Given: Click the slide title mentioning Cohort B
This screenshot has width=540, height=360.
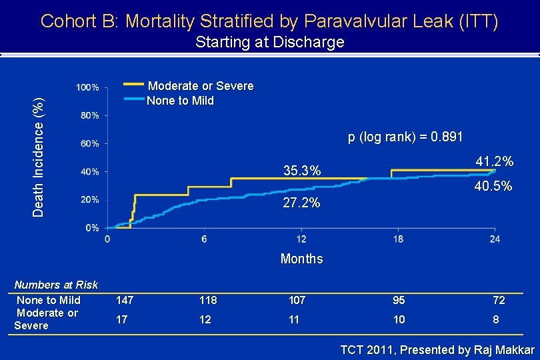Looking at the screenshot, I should point(269,21).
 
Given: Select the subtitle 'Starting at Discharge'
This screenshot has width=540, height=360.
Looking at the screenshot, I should point(269,43).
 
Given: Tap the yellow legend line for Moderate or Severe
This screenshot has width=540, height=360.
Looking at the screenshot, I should point(134,85).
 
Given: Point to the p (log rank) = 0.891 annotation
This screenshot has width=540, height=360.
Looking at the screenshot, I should point(405,137).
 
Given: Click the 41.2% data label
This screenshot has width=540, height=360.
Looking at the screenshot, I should point(494,162).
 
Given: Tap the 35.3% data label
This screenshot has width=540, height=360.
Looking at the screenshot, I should point(302,171).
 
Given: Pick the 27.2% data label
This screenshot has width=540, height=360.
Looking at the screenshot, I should point(301,202).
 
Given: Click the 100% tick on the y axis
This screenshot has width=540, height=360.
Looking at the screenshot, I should point(87,87).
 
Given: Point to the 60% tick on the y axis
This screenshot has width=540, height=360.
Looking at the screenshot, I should point(89,143).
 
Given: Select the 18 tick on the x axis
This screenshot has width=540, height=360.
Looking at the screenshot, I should point(398,239).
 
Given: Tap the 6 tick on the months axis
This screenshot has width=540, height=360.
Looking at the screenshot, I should point(204,239).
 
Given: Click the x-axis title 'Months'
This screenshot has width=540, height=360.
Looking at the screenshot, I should point(301,259).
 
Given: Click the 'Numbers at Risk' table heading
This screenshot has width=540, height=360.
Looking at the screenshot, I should point(56,285).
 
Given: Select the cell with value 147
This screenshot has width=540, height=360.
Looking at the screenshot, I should point(125,301).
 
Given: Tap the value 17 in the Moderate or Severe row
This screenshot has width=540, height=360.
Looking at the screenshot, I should point(121,319).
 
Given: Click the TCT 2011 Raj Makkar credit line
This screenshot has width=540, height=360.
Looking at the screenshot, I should point(437,350).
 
